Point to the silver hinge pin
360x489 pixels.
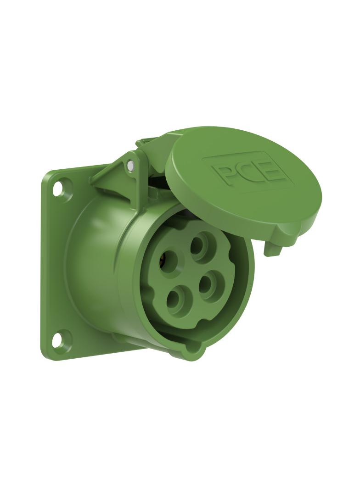(x=131, y=165)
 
